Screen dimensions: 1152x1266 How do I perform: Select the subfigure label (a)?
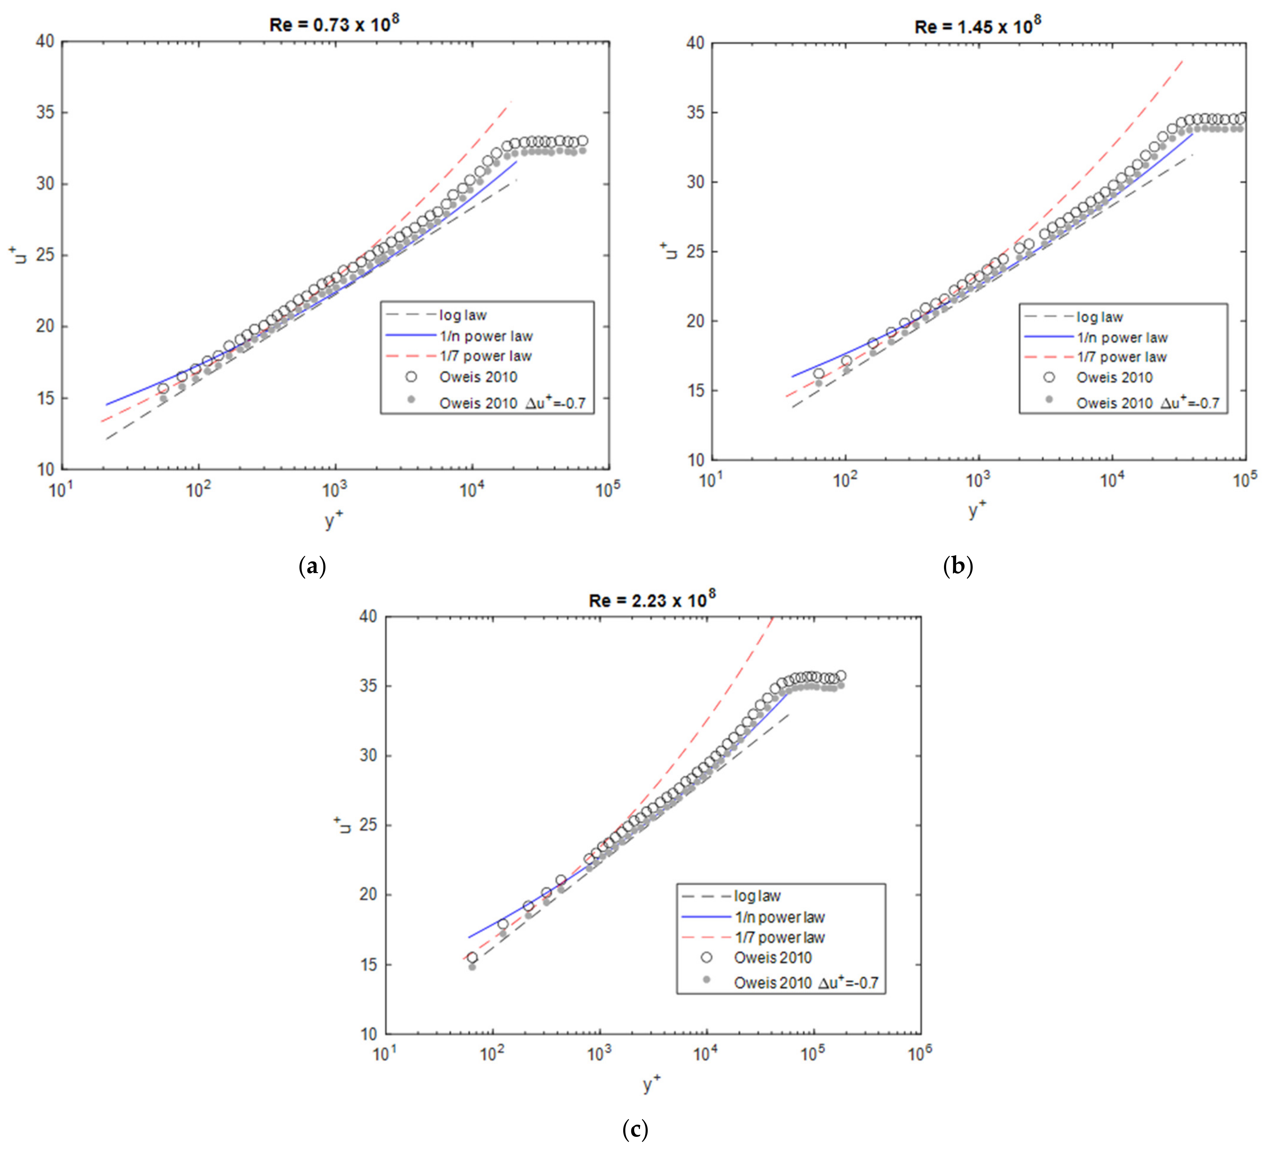(x=312, y=567)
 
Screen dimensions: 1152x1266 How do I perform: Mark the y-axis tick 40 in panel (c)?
(x=368, y=617)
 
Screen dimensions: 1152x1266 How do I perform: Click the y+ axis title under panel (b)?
(x=977, y=509)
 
